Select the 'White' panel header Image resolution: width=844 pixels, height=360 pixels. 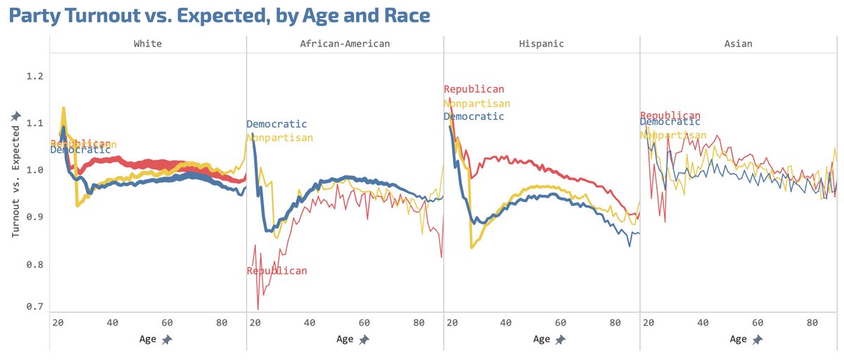point(148,44)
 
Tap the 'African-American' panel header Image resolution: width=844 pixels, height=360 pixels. point(345,44)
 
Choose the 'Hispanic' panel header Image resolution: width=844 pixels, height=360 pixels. point(542,44)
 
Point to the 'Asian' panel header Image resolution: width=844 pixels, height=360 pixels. point(738,44)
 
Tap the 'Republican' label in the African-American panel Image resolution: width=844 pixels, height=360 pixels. point(277,271)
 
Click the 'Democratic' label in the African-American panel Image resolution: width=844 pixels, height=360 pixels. point(277,124)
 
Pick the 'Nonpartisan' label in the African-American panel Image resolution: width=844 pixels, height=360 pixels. point(280,138)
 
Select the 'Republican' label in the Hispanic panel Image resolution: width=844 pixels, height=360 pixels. point(474,89)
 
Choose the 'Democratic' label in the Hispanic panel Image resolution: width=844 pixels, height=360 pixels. point(474,116)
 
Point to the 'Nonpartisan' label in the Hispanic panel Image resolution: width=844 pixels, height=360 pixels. point(477,103)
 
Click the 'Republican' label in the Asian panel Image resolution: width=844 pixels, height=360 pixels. point(670,115)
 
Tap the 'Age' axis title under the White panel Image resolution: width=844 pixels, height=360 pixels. point(148,339)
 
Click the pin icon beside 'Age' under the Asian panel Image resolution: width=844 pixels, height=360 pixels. point(757,340)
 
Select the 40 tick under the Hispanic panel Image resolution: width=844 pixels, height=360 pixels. point(506,323)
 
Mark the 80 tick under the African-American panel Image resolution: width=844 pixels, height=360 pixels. point(418,323)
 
